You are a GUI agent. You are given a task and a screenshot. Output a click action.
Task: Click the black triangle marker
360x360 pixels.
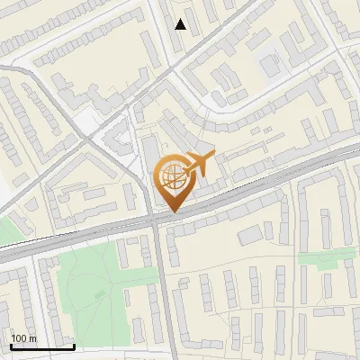[x=181, y=24]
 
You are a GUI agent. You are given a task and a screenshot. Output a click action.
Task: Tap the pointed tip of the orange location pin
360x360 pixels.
[x=172, y=211]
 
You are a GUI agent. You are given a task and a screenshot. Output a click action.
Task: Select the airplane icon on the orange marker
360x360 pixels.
[x=198, y=165]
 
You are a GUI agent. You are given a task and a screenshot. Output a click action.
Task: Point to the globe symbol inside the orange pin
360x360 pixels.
[x=172, y=177]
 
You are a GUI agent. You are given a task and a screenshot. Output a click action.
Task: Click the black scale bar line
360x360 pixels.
[x=42, y=346]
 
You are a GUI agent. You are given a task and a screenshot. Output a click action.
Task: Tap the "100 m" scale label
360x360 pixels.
[x=24, y=338]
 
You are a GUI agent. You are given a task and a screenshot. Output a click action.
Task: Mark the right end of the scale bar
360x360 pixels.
[x=74, y=346]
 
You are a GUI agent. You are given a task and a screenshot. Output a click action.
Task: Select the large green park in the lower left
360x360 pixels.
[x=90, y=279]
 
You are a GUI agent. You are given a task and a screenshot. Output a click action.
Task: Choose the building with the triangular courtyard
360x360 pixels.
[x=117, y=139]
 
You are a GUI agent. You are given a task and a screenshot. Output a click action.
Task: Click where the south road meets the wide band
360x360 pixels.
[x=158, y=221]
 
